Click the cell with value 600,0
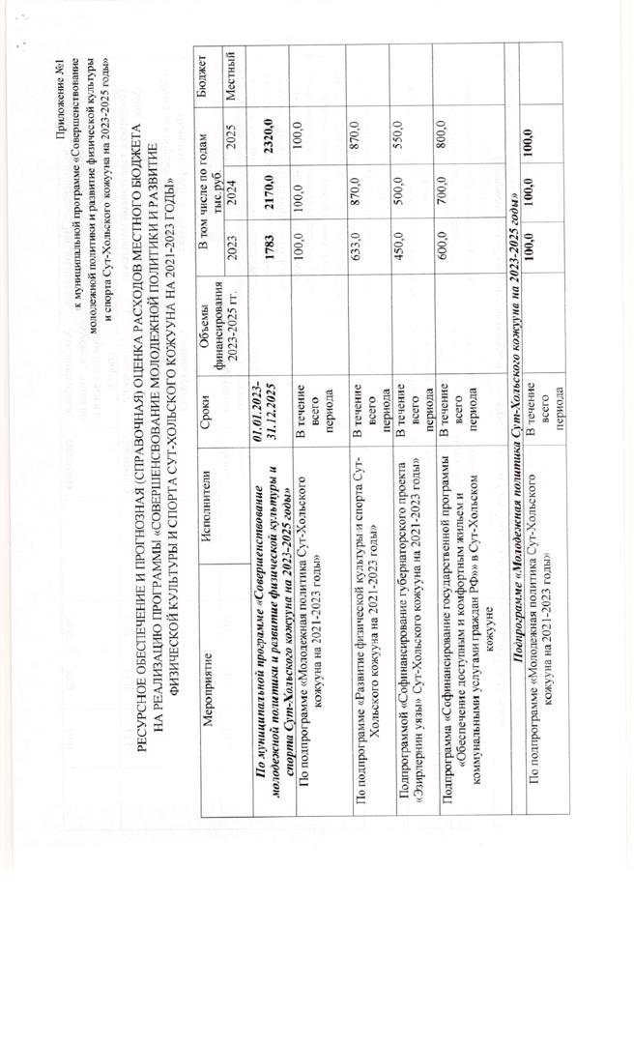[441, 243]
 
